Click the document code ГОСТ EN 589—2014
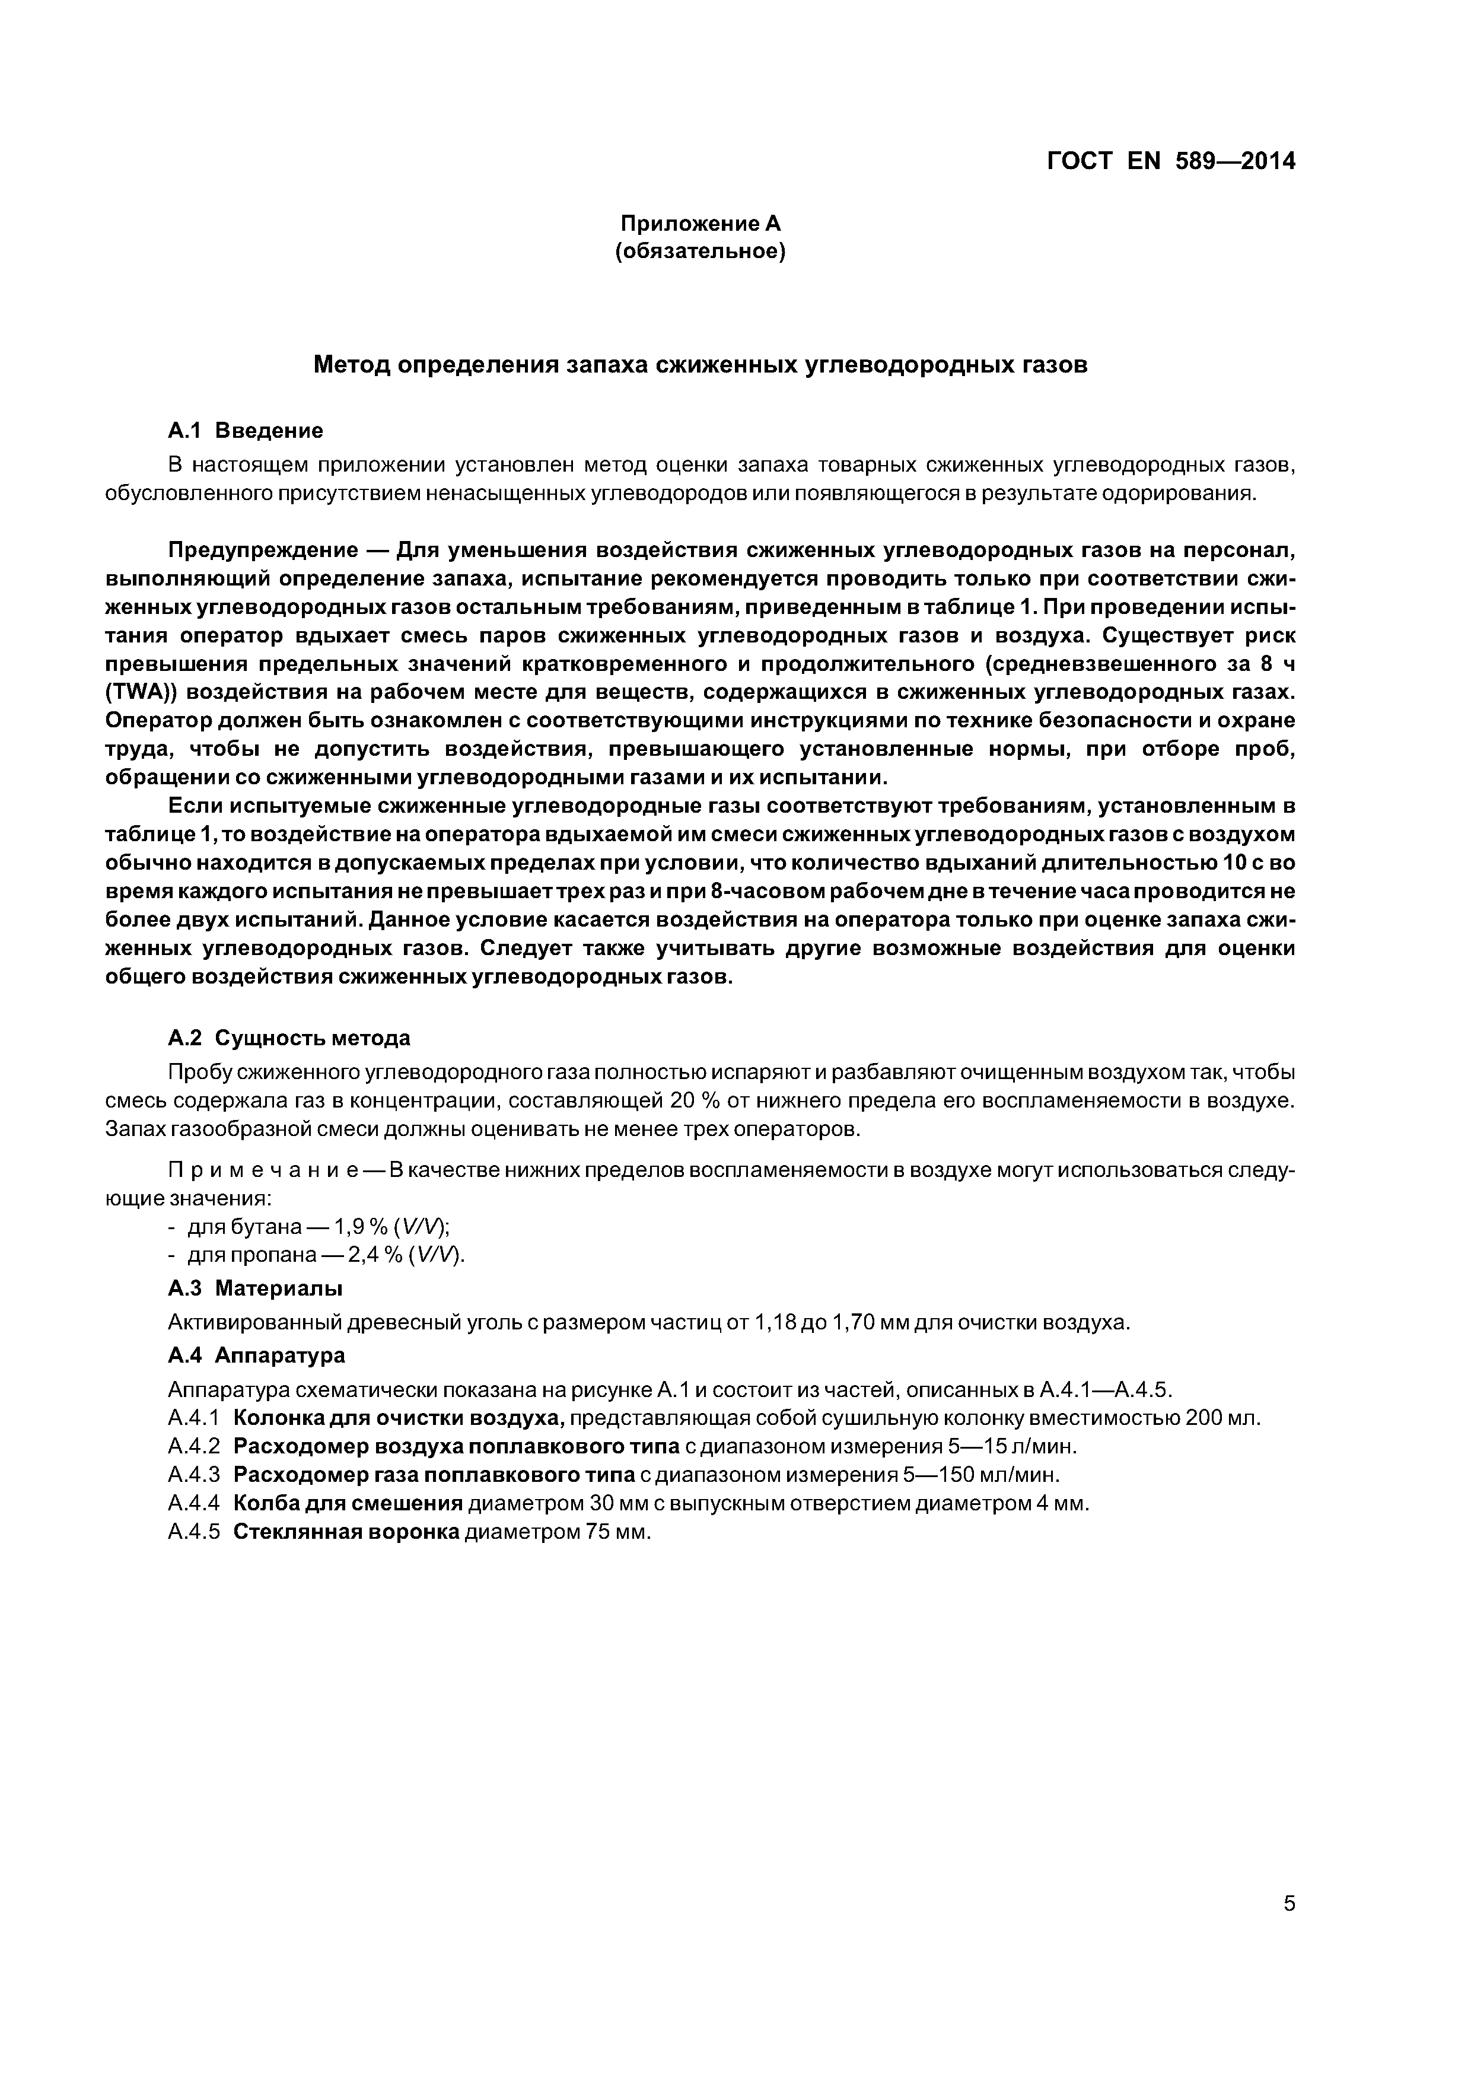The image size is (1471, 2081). click(1170, 161)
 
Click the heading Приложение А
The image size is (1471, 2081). click(700, 223)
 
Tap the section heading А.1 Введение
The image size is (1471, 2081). click(246, 429)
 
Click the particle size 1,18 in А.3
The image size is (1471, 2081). click(773, 1322)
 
